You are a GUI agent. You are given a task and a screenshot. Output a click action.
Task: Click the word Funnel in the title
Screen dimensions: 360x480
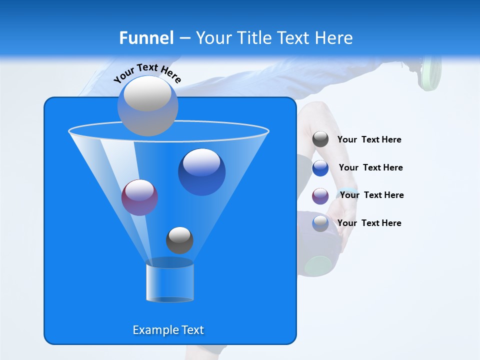tap(146, 38)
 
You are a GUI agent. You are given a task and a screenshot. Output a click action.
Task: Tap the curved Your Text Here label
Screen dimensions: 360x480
tap(147, 72)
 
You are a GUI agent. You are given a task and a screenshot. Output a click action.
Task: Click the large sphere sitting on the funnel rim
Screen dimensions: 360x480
tap(147, 105)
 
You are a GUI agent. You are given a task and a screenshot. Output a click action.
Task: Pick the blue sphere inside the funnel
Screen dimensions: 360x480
tap(201, 171)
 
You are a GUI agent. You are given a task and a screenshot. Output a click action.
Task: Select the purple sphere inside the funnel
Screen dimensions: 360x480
tap(139, 197)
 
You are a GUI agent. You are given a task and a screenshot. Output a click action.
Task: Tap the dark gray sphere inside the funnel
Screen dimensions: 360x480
tap(179, 240)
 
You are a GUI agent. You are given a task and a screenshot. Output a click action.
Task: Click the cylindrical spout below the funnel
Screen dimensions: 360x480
tap(169, 281)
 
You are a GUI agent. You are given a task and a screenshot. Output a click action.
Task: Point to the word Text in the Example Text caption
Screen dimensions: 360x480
tap(192, 330)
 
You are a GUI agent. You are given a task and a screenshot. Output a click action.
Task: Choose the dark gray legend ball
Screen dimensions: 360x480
tap(320, 139)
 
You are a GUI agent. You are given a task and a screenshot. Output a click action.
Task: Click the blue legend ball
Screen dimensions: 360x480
tap(320, 168)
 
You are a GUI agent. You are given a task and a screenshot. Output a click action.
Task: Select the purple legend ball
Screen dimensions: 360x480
tap(320, 196)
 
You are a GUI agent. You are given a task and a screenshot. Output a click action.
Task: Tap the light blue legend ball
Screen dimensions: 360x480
tap(320, 223)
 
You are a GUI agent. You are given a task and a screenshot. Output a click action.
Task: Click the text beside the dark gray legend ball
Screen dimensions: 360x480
tap(369, 140)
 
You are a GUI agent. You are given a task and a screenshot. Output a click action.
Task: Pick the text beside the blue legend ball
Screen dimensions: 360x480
tap(370, 168)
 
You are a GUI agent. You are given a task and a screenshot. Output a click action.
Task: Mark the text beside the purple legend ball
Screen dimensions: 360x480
tap(371, 195)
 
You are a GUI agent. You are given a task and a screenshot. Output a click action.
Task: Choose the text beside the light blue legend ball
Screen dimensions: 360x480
tap(369, 223)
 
